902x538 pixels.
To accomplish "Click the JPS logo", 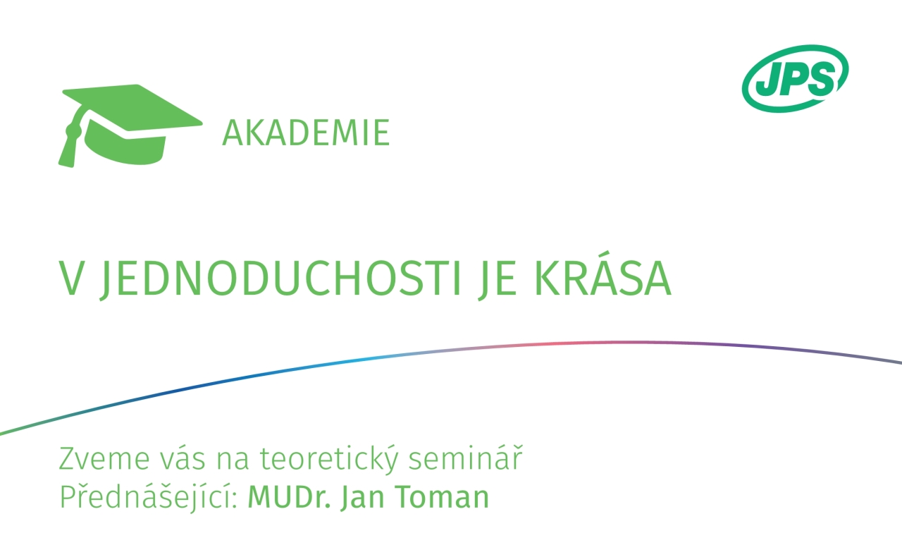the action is [x=796, y=78].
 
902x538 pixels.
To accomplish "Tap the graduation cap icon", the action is [x=130, y=126].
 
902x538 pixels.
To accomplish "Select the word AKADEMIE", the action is [x=306, y=133].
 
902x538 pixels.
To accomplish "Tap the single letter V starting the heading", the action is [x=71, y=279].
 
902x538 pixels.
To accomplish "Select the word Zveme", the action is [x=104, y=458].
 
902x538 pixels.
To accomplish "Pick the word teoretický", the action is [x=329, y=459].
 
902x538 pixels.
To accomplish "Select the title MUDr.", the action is [x=289, y=497].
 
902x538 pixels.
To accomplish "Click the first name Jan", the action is [x=362, y=498].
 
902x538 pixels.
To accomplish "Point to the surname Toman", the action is [x=442, y=497].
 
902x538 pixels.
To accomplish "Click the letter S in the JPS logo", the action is [x=822, y=80].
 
